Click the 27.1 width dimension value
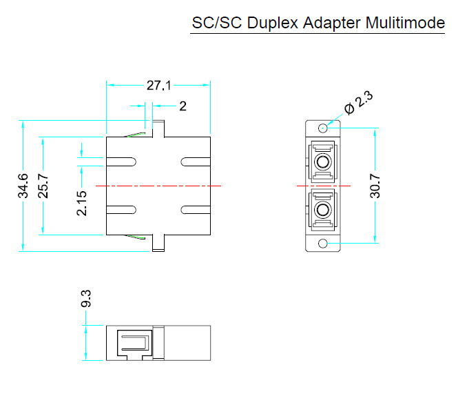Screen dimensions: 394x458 (x=158, y=86)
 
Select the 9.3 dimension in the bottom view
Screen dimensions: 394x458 (x=86, y=299)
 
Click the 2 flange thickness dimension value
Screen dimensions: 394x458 (x=183, y=106)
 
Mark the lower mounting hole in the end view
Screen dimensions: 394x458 (x=322, y=244)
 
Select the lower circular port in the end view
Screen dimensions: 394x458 (x=322, y=208)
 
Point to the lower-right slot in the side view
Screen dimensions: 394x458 (x=194, y=210)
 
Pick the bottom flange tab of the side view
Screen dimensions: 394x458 (x=158, y=244)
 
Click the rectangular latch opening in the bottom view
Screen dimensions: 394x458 (x=135, y=342)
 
